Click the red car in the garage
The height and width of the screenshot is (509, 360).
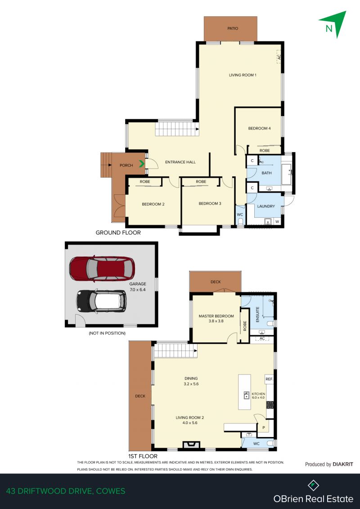pyautogui.click(x=102, y=268)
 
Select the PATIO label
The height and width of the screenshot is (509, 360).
pyautogui.click(x=232, y=28)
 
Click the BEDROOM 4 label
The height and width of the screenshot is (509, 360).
pyautogui.click(x=259, y=129)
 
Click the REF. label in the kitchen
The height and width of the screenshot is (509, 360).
pyautogui.click(x=269, y=379)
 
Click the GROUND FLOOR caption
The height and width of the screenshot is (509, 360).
pyautogui.click(x=118, y=233)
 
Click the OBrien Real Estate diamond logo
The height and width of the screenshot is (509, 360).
pyautogui.click(x=313, y=485)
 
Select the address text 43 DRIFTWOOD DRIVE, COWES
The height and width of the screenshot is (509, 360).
pyautogui.click(x=65, y=491)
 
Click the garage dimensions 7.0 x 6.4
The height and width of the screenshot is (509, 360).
pyautogui.click(x=138, y=290)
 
